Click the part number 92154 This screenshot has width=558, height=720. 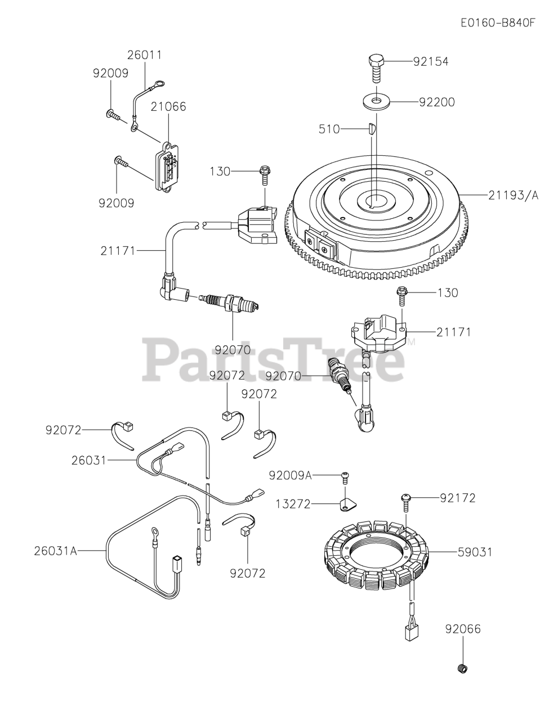[431, 61]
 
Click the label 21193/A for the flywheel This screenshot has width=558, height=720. [513, 195]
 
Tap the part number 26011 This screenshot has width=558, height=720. [144, 55]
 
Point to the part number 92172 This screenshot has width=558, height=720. [458, 498]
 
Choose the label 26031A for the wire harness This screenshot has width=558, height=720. [55, 551]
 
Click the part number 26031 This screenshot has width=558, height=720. [88, 460]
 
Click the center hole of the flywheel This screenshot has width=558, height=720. [373, 201]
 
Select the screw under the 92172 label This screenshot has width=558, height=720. [405, 500]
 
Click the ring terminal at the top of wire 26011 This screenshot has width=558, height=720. [159, 85]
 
